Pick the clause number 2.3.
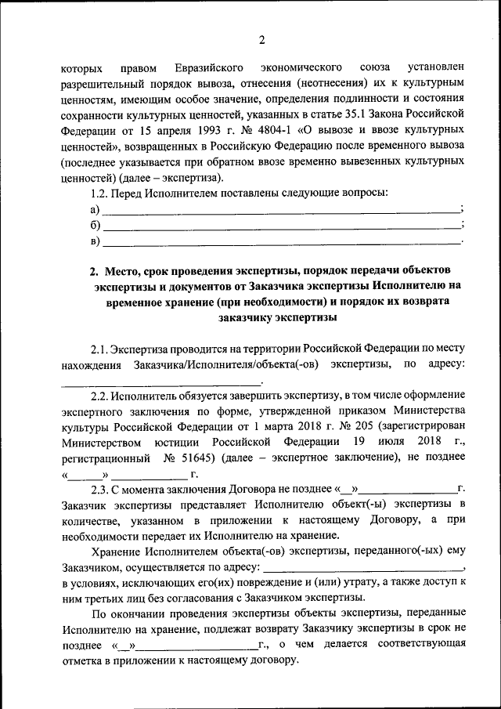(102, 489)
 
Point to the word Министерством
(99, 442)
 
